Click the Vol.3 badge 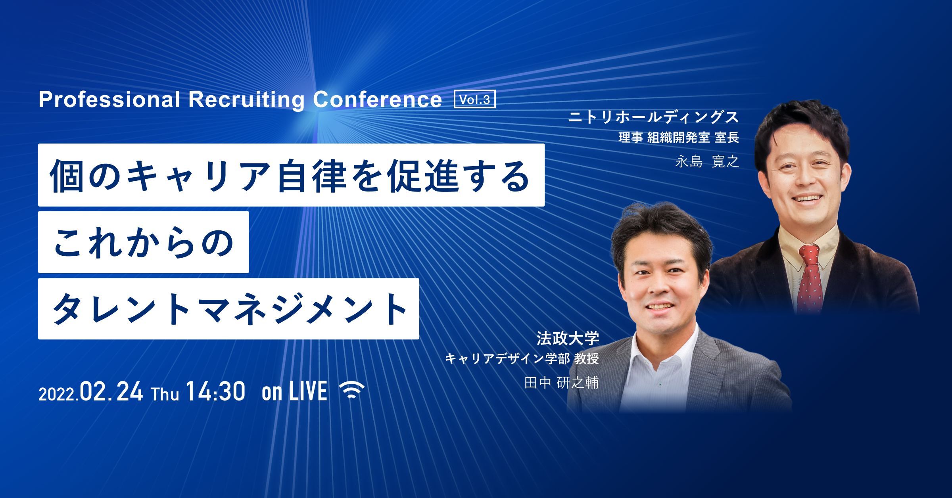(x=475, y=99)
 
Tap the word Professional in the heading (x=109, y=99)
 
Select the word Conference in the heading (x=378, y=99)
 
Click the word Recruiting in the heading (x=247, y=100)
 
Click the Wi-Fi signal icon (x=352, y=390)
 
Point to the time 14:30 (x=215, y=391)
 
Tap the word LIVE (x=308, y=391)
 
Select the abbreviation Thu (x=165, y=394)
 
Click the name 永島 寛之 (x=707, y=161)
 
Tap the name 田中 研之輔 (x=561, y=383)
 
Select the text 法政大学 (x=568, y=338)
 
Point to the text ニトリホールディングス (x=654, y=117)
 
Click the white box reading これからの (x=144, y=242)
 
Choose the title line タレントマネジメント (x=228, y=309)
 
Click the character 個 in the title (x=66, y=176)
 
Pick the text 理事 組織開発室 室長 (x=679, y=138)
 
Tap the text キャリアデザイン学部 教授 (x=522, y=358)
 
